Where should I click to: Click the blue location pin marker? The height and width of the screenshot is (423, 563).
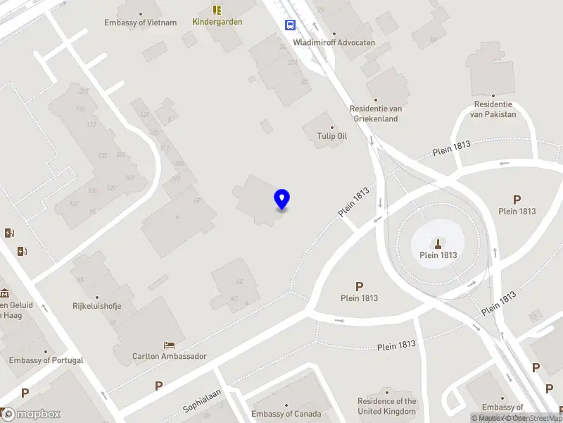click(281, 200)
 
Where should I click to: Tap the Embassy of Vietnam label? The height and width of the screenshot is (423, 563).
click(141, 23)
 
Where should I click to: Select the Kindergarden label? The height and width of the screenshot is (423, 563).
click(217, 22)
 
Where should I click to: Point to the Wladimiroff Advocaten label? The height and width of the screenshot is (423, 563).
click(334, 42)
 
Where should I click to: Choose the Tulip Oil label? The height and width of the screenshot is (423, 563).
click(332, 136)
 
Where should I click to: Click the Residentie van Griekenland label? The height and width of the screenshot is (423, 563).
click(375, 114)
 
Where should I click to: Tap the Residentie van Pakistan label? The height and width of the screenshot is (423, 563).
click(493, 109)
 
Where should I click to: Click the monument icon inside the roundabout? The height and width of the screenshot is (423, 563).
click(438, 243)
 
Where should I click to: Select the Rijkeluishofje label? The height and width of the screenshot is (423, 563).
click(98, 306)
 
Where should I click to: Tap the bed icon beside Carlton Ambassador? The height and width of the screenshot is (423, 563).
click(170, 345)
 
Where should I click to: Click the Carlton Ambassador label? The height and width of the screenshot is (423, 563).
click(170, 356)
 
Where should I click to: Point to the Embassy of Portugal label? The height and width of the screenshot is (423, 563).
click(46, 360)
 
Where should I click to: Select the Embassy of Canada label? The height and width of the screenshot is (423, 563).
click(286, 414)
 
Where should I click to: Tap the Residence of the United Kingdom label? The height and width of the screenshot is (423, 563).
click(387, 406)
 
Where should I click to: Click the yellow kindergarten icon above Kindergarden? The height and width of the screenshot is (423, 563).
click(217, 10)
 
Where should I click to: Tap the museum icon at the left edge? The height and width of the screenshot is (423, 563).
click(4, 293)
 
